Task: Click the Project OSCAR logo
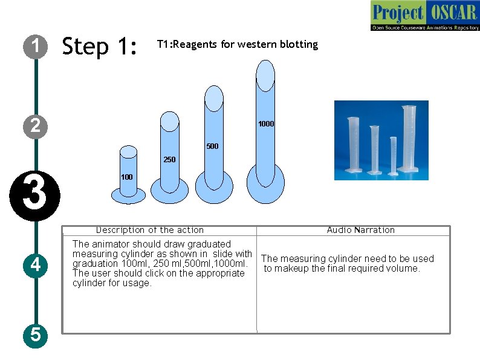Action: tap(425, 16)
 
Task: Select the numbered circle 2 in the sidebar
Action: tap(36, 126)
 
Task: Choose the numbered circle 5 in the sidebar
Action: tap(36, 334)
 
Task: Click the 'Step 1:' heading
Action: tap(100, 46)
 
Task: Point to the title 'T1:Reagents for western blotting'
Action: tap(237, 44)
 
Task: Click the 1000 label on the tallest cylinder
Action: tap(266, 124)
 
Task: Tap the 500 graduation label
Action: tap(212, 146)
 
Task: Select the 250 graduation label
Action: tap(169, 160)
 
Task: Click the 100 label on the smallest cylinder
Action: tap(127, 177)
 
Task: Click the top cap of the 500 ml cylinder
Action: tap(215, 97)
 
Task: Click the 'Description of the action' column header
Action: tap(150, 230)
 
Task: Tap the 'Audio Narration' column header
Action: tap(360, 230)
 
